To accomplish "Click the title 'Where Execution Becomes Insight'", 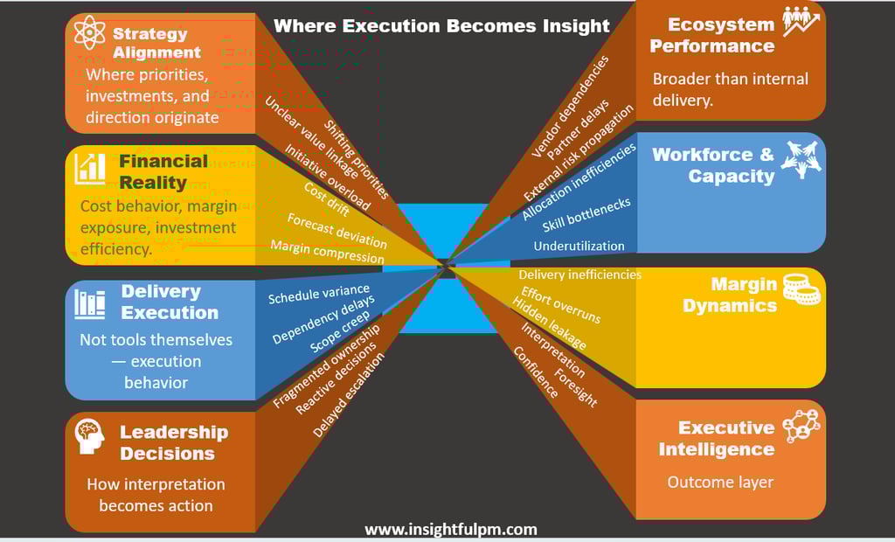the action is pos(441,25).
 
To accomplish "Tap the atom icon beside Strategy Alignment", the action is pos(89,33).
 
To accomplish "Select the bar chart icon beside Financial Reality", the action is pos(91,168).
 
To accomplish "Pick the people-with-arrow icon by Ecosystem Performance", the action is pos(801,22).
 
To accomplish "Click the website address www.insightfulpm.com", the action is pos(450,530).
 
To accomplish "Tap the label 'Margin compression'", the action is pos(327,251).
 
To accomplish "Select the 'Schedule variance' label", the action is pos(319,294).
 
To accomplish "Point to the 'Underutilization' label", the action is pos(579,247).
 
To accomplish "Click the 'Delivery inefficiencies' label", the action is pos(579,274).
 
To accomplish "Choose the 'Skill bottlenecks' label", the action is pos(586,215).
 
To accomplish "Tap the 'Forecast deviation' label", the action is pos(336,230).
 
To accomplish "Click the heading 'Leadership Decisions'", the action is pos(173,442).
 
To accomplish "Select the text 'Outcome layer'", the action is pos(720,482).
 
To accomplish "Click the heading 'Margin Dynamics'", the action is pos(730,295).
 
